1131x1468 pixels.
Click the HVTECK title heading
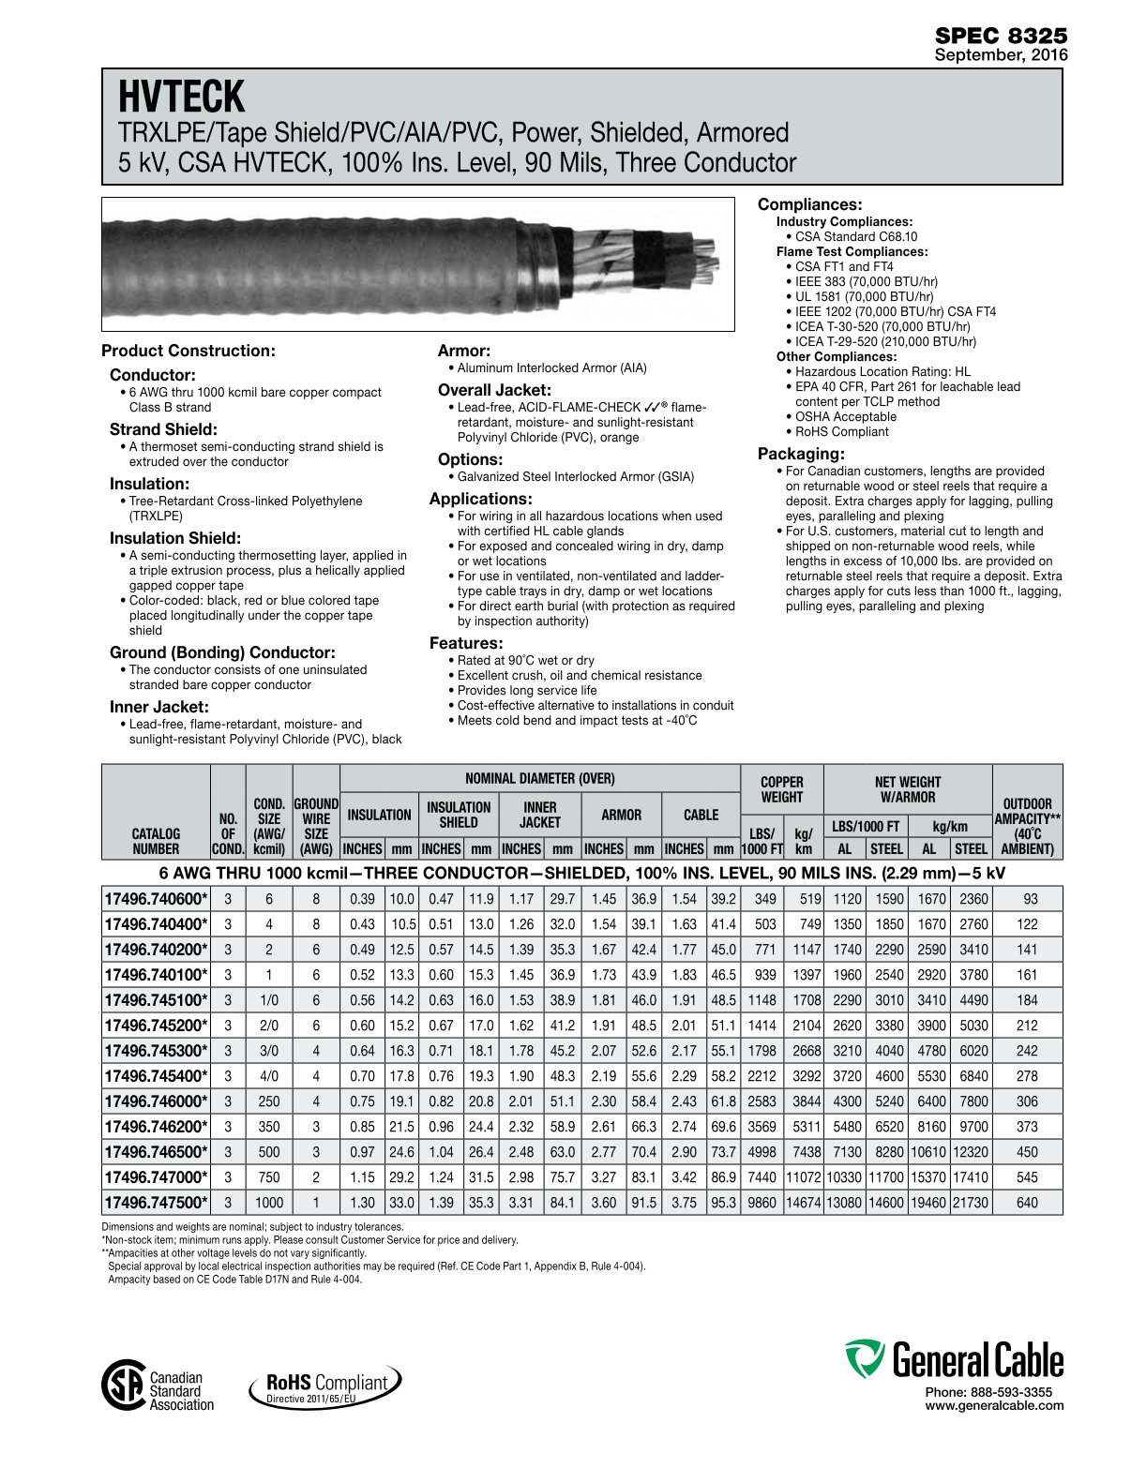pos(181,97)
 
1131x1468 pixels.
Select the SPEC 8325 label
pos(1001,36)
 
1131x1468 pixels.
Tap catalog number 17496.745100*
pos(156,1000)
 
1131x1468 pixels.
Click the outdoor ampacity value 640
pos(1027,1203)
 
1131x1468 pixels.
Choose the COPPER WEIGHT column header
pos(781,789)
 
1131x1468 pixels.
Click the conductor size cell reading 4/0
pos(269,1076)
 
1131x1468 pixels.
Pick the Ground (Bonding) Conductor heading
pos(222,652)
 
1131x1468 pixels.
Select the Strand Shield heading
pos(163,429)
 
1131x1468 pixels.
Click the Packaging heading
pos(801,454)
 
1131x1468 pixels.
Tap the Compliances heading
pos(809,204)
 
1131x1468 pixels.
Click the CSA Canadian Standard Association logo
pos(158,1390)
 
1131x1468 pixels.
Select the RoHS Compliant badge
pos(325,1386)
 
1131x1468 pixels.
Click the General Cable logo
pos(954,1360)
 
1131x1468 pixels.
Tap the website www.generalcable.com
pos(994,1405)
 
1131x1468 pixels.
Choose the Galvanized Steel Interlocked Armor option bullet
pos(575,476)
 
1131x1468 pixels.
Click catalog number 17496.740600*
pos(156,899)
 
